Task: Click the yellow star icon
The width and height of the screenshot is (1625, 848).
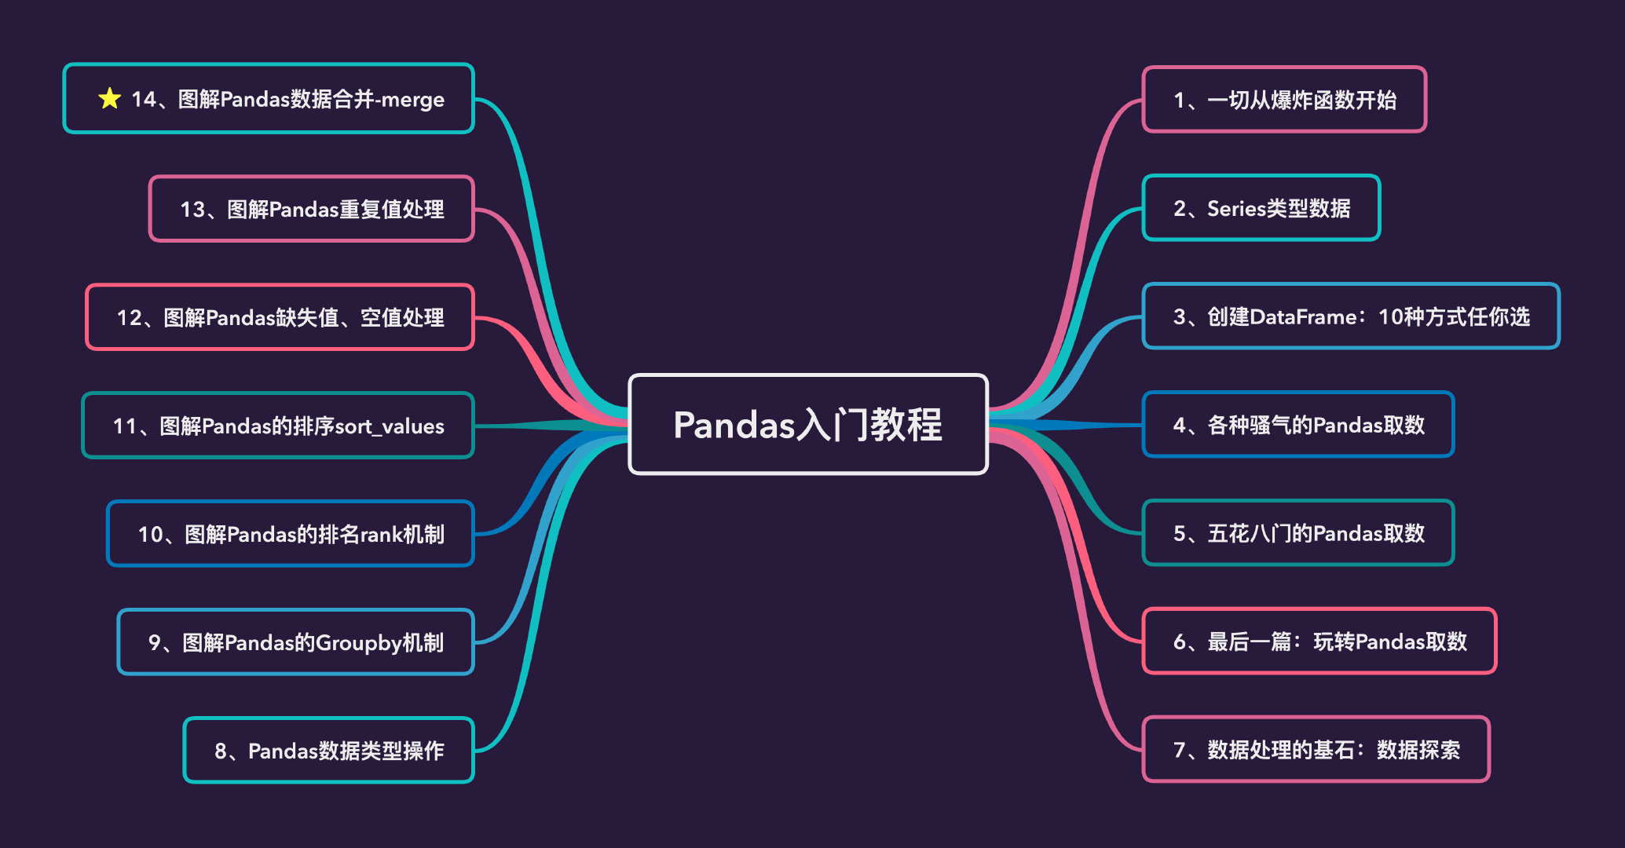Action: [x=109, y=99]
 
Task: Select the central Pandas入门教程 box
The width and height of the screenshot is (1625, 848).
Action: [x=807, y=425]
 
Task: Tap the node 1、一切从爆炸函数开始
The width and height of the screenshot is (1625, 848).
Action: [x=1283, y=100]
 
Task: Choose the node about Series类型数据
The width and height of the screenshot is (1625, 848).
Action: [x=1261, y=208]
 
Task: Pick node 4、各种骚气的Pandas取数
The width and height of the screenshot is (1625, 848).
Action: [x=1297, y=425]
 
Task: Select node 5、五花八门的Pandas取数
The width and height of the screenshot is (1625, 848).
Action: [x=1297, y=533]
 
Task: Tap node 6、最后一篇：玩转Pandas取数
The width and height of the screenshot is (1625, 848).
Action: [x=1319, y=641]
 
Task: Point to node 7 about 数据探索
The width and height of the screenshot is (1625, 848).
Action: [x=1316, y=750]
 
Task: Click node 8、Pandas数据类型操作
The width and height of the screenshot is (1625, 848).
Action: [x=328, y=751]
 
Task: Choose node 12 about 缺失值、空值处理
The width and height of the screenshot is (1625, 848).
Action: [x=280, y=317]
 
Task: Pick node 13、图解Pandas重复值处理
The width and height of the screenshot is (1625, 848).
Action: [x=311, y=209]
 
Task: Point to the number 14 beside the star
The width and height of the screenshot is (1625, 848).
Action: [x=143, y=100]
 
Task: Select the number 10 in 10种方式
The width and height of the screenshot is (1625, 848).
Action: [x=1390, y=317]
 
